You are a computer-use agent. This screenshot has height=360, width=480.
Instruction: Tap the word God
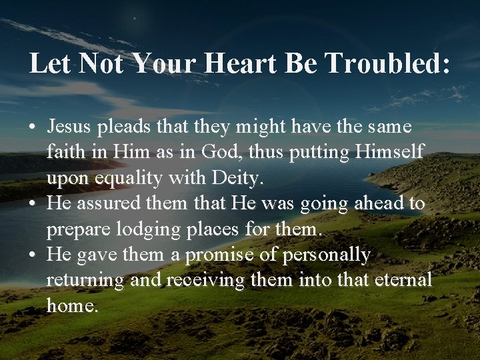click(x=223, y=152)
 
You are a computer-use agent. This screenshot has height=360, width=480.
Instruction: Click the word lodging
click(x=133, y=230)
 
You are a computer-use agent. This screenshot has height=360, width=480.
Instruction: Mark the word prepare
click(x=71, y=230)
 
